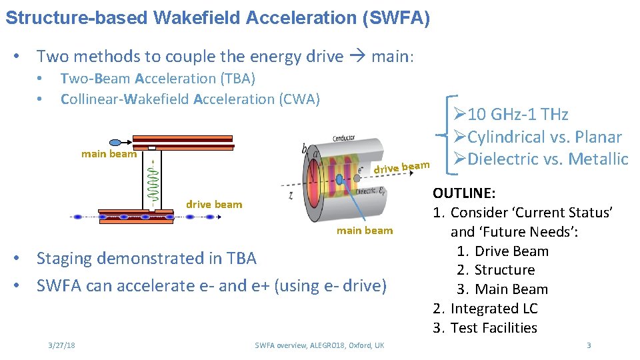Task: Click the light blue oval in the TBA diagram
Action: [115, 142]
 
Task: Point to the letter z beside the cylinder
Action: [291, 195]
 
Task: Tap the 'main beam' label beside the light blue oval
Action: [109, 154]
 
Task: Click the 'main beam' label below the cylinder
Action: [365, 231]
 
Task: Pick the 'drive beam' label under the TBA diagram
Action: [214, 204]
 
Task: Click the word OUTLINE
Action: [464, 193]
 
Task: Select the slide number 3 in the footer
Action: [589, 345]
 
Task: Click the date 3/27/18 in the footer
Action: [61, 345]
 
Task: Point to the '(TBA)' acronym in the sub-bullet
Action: [237, 79]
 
